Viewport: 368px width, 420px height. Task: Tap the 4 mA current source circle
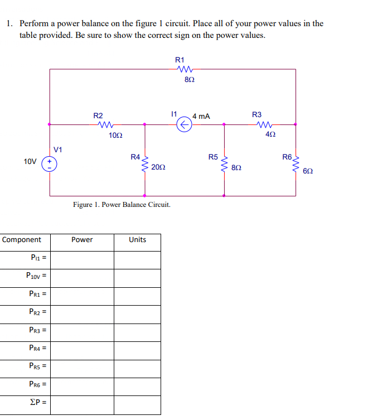click(183, 126)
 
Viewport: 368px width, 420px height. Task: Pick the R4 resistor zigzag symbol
click(145, 161)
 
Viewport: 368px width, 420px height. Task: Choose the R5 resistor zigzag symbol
click(224, 161)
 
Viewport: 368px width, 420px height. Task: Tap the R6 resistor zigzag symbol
click(296, 162)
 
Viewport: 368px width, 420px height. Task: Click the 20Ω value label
click(158, 167)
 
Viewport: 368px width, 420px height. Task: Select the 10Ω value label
click(116, 136)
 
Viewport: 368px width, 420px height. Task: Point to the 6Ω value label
click(307, 171)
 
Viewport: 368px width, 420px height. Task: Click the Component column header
click(22, 240)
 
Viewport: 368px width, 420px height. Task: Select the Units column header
click(137, 240)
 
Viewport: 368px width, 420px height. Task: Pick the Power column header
click(82, 240)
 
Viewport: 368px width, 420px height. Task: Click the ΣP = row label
click(35, 403)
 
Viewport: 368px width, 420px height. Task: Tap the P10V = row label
click(35, 276)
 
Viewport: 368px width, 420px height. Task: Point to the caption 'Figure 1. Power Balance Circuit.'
click(122, 205)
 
